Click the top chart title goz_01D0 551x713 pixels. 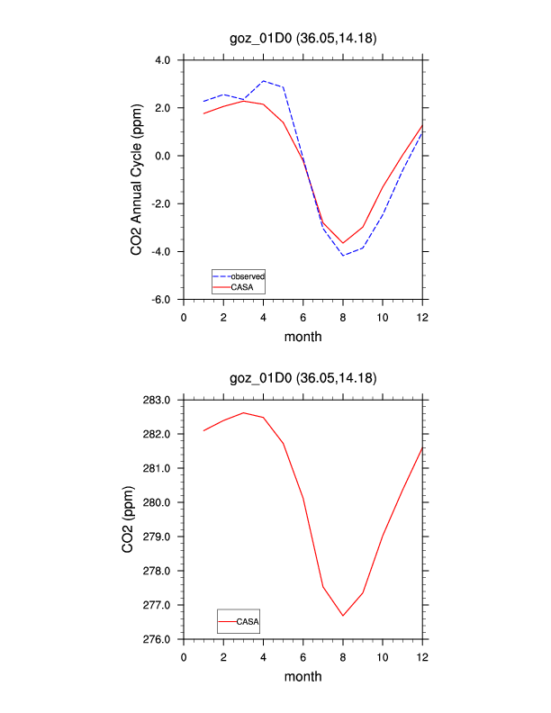click(x=303, y=39)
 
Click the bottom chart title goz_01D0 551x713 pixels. click(x=303, y=377)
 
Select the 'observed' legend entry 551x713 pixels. click(x=247, y=275)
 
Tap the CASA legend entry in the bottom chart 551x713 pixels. click(x=249, y=621)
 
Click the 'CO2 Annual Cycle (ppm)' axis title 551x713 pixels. click(x=137, y=179)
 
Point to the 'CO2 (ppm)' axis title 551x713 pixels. click(x=137, y=519)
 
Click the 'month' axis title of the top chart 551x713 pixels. click(x=303, y=337)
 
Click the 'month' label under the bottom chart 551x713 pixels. click(x=303, y=676)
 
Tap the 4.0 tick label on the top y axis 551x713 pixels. click(x=162, y=60)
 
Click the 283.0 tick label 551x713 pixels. click(x=158, y=400)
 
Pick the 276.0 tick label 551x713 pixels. click(x=158, y=639)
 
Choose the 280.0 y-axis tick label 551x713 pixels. click(x=158, y=502)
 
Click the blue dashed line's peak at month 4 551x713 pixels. click(x=263, y=81)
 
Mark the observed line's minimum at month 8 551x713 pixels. click(x=343, y=256)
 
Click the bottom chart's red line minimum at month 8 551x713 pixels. click(x=343, y=616)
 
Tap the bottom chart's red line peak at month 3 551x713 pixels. click(x=243, y=412)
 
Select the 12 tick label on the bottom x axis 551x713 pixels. click(x=422, y=656)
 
